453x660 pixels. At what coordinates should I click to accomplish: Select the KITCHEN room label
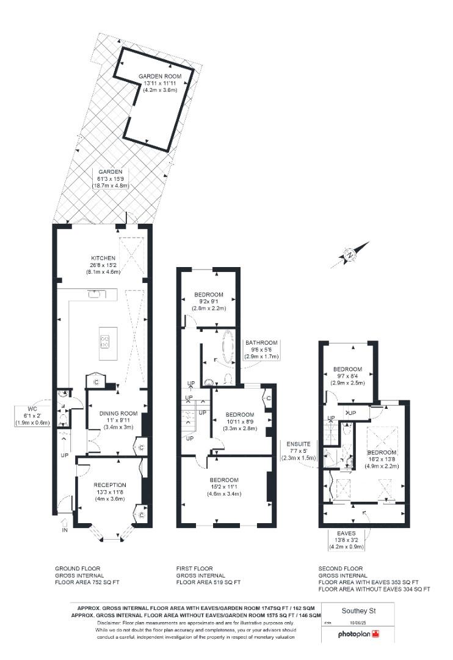[x=103, y=258]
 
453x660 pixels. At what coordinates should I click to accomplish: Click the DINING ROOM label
[x=118, y=414]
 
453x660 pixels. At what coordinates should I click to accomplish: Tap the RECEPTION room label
[x=111, y=485]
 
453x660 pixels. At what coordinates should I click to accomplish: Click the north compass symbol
[x=350, y=255]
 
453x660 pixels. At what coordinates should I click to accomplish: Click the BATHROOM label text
[x=261, y=343]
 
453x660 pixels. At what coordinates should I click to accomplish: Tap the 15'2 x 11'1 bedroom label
[x=223, y=480]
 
